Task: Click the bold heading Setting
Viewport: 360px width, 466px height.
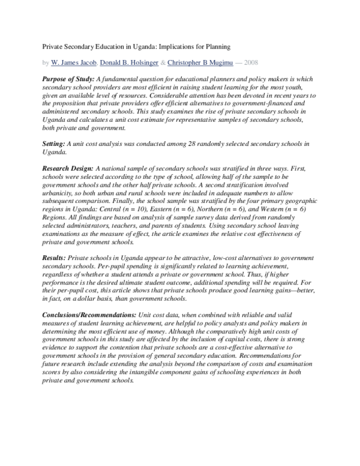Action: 55,144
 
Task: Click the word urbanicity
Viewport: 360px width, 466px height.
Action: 58,195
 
